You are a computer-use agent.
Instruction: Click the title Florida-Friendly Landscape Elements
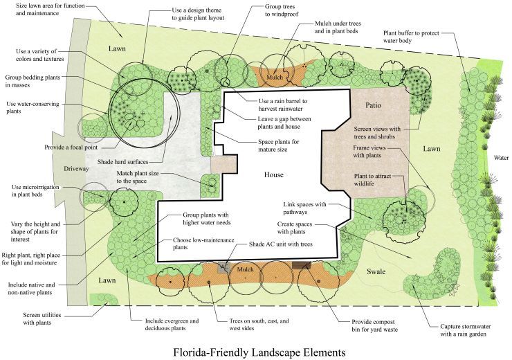coord(259,352)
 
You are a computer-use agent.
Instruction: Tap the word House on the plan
coord(273,174)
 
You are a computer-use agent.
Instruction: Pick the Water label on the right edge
coord(502,157)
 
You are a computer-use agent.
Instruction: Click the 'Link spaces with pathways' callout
coord(304,208)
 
